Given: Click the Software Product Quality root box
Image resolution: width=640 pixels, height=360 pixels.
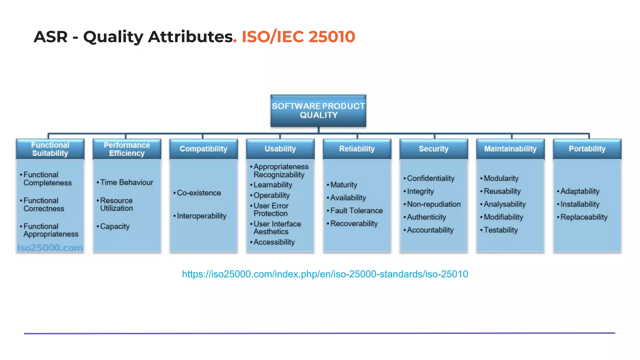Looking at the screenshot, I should [318, 111].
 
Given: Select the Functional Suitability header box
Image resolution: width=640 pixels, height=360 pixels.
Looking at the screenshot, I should [50, 149].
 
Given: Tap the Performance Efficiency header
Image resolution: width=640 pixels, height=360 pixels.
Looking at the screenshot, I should [127, 149].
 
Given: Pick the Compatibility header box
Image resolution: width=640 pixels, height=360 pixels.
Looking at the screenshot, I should [203, 149].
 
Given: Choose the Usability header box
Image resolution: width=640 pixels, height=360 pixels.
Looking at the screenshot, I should [280, 149].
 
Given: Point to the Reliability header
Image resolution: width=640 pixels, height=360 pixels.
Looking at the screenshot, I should [357, 149].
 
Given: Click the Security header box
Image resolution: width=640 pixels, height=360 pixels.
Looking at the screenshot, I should [434, 149].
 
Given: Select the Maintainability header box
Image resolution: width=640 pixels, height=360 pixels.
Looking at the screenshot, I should [510, 149].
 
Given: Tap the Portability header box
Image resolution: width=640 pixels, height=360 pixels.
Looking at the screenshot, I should [587, 149].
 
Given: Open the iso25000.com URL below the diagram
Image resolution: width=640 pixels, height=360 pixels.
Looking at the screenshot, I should [325, 274].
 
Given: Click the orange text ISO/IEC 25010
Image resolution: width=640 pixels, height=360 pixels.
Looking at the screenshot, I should [298, 37].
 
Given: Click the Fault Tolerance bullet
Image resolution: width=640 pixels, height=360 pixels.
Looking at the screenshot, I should [356, 211].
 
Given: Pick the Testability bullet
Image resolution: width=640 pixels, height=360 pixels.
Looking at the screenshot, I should [501, 230].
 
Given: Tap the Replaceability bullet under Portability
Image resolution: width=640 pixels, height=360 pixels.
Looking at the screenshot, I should [584, 217].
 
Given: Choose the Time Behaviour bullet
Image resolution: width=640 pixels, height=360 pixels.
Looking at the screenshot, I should [127, 182].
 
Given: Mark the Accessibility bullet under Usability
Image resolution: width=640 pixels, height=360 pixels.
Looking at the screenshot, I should [274, 242].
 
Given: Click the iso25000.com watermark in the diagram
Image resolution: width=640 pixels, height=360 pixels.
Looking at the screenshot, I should [50, 248].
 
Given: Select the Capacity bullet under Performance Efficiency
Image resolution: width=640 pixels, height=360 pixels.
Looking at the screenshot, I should [115, 227].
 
